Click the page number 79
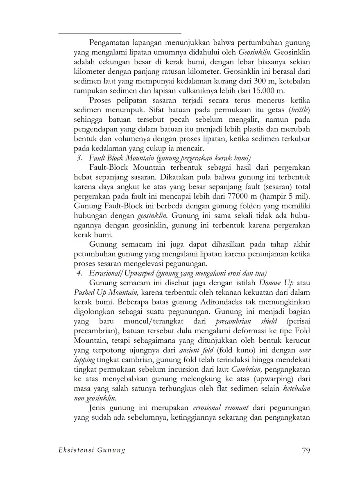306,451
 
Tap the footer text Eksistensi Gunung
86,451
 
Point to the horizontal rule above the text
120,33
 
